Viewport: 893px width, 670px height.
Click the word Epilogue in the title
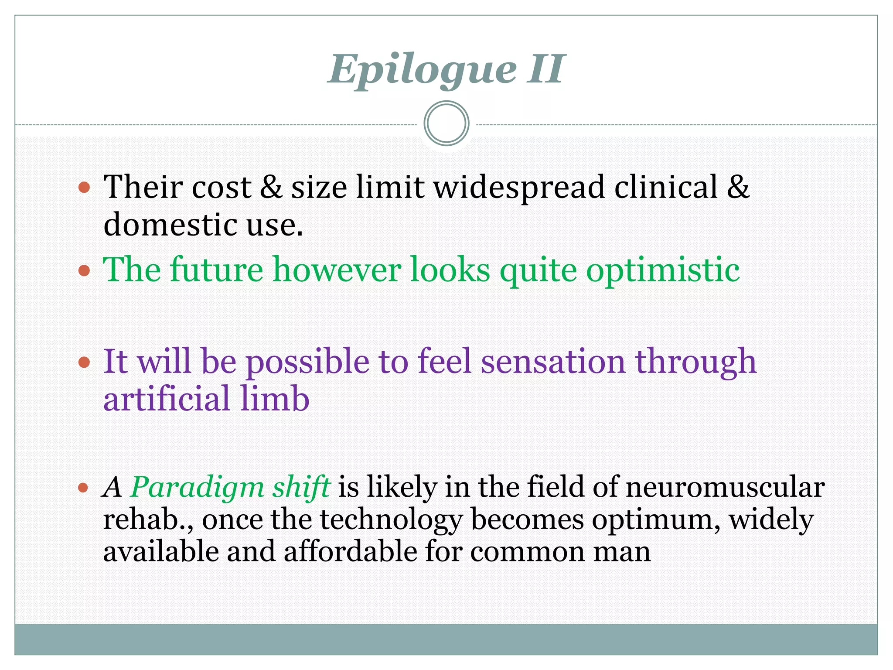click(x=422, y=70)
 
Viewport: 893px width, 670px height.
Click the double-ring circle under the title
click(x=446, y=123)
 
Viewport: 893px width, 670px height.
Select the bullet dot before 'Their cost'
click(x=84, y=188)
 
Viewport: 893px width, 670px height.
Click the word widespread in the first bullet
click(x=519, y=188)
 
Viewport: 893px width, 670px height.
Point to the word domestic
click(x=170, y=225)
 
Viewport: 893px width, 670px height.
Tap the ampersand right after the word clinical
click(x=738, y=187)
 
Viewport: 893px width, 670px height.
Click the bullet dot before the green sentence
click(x=84, y=270)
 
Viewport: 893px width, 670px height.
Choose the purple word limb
click(x=275, y=399)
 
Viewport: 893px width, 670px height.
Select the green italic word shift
click(x=301, y=487)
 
